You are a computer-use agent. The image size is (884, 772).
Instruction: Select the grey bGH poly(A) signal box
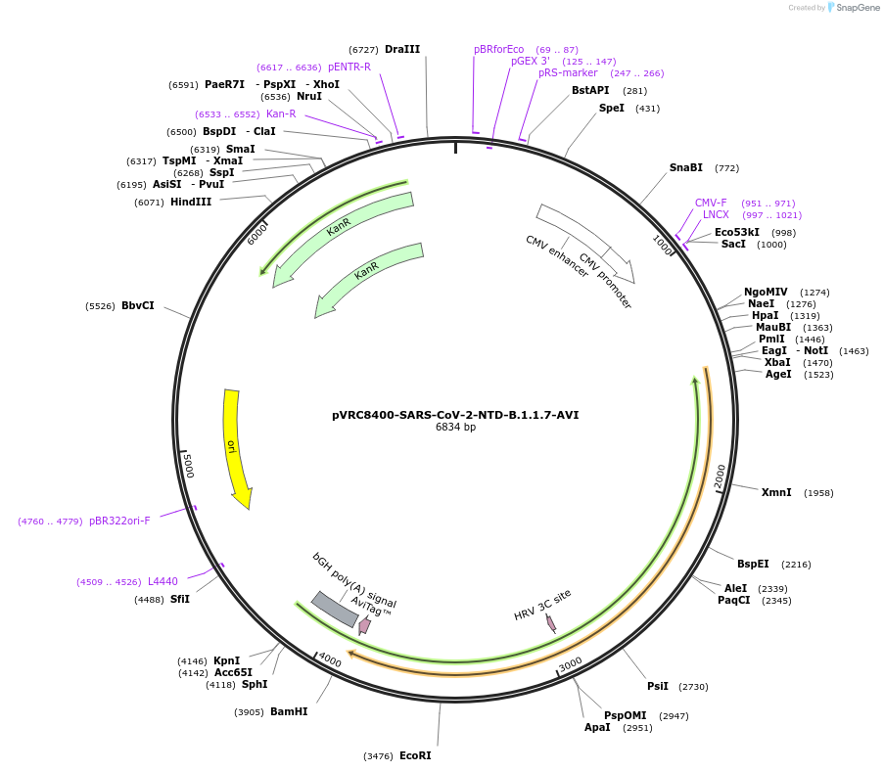click(334, 609)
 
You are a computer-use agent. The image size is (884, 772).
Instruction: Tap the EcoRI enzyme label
click(415, 755)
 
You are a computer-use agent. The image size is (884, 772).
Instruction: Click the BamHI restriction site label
click(289, 711)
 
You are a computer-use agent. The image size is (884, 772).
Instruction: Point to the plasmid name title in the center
click(455, 415)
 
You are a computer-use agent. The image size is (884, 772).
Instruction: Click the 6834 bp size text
click(455, 428)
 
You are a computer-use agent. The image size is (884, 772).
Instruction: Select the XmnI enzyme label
click(776, 492)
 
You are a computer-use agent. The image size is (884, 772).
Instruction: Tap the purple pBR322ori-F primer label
click(119, 521)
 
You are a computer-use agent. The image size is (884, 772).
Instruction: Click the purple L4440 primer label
click(163, 581)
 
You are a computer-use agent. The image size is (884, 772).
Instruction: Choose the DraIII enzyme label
click(402, 49)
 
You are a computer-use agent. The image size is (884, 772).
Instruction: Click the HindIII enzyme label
click(191, 202)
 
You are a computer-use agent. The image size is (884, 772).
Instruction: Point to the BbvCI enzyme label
click(138, 305)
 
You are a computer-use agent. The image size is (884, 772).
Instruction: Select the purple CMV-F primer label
click(711, 203)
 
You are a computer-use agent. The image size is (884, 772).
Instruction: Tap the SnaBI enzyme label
click(686, 167)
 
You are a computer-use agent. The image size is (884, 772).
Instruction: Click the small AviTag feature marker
click(364, 624)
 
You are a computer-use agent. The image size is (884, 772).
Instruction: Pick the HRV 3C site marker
click(551, 622)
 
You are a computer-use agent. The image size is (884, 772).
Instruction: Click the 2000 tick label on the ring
click(721, 476)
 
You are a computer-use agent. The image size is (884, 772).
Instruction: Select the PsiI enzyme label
click(658, 686)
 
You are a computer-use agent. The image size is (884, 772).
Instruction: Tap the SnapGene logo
click(849, 8)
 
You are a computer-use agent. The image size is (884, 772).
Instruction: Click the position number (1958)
click(818, 493)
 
